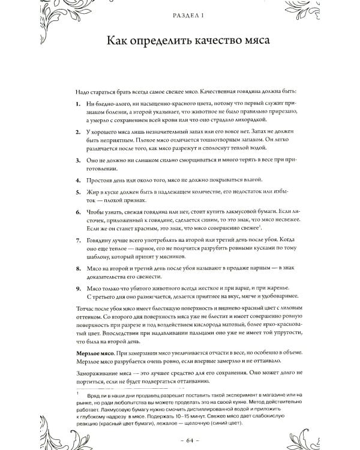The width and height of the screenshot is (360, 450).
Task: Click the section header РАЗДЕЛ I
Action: [x=179, y=17]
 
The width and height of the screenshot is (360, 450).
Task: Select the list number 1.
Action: [x=79, y=104]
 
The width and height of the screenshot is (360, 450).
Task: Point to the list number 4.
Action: [x=79, y=179]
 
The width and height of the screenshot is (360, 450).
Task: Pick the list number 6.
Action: [x=79, y=213]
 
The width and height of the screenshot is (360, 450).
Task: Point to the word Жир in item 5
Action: [x=91, y=193]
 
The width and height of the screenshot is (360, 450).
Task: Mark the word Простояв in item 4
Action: [x=99, y=179]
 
